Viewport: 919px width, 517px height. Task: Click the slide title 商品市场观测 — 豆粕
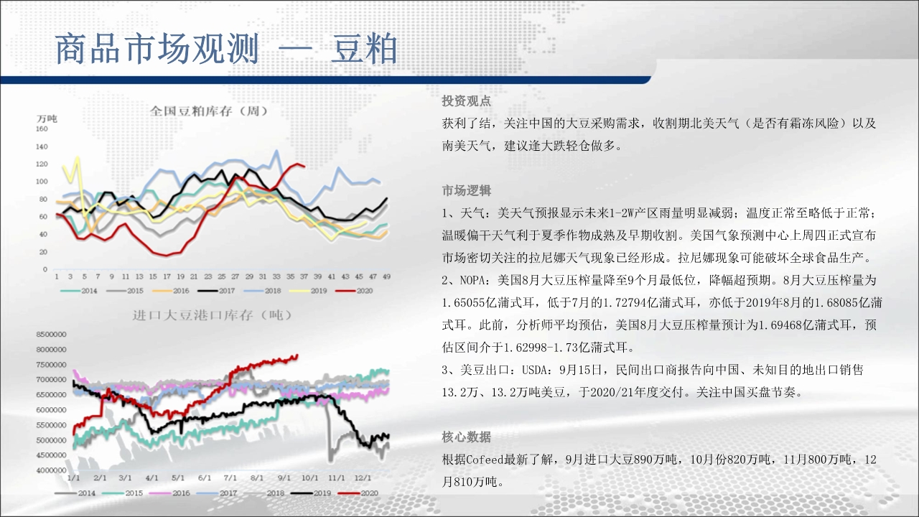point(226,50)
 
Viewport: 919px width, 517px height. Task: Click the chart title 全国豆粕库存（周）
point(209,111)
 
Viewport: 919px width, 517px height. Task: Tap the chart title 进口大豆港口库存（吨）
point(213,315)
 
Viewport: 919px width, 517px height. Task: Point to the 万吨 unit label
point(47,118)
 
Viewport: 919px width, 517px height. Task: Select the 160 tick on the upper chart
point(42,129)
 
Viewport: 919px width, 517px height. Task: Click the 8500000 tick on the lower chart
point(51,335)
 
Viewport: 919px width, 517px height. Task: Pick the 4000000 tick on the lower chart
point(51,470)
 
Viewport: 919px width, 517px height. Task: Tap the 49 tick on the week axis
point(386,276)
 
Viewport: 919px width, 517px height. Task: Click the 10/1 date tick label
point(309,478)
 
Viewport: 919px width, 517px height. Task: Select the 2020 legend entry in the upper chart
point(355,291)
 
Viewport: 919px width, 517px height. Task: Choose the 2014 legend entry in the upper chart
point(79,291)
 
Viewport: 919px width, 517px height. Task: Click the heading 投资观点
point(466,101)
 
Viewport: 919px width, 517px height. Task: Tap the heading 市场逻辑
point(466,190)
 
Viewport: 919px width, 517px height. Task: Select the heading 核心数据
point(466,437)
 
